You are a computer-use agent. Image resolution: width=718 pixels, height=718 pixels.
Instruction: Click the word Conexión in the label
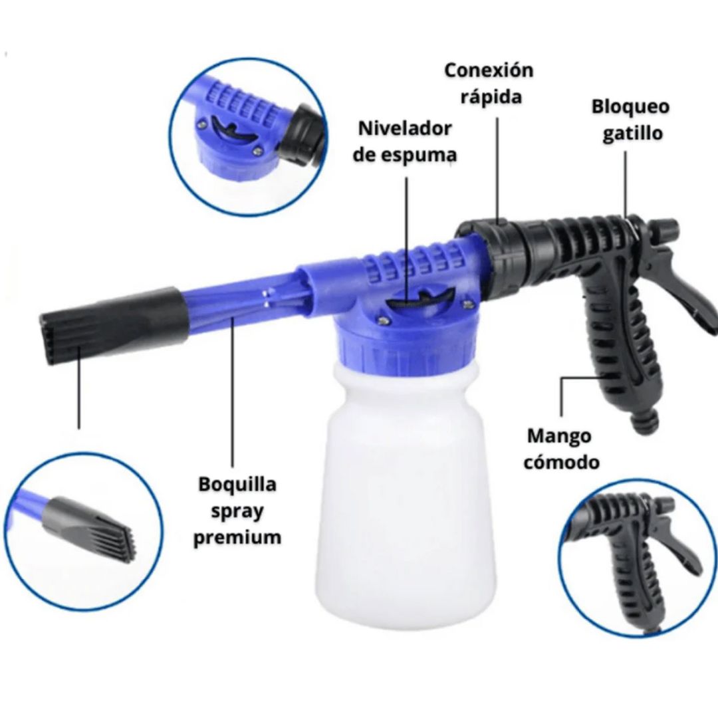tap(489, 70)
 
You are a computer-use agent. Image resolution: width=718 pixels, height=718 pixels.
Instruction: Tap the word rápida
tap(491, 97)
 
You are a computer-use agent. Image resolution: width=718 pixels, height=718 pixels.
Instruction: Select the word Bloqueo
tap(630, 107)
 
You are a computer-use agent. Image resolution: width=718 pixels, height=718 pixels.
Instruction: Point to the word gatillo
tap(632, 133)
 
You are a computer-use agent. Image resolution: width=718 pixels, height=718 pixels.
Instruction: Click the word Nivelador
tap(405, 129)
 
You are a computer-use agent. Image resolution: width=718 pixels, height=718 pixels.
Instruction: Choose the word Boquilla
tap(237, 485)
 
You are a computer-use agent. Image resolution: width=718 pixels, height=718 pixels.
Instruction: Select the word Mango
tap(559, 436)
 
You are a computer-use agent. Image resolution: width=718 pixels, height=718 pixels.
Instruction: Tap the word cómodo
tap(561, 462)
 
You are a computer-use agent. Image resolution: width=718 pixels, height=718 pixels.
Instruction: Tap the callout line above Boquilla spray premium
tap(233, 393)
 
